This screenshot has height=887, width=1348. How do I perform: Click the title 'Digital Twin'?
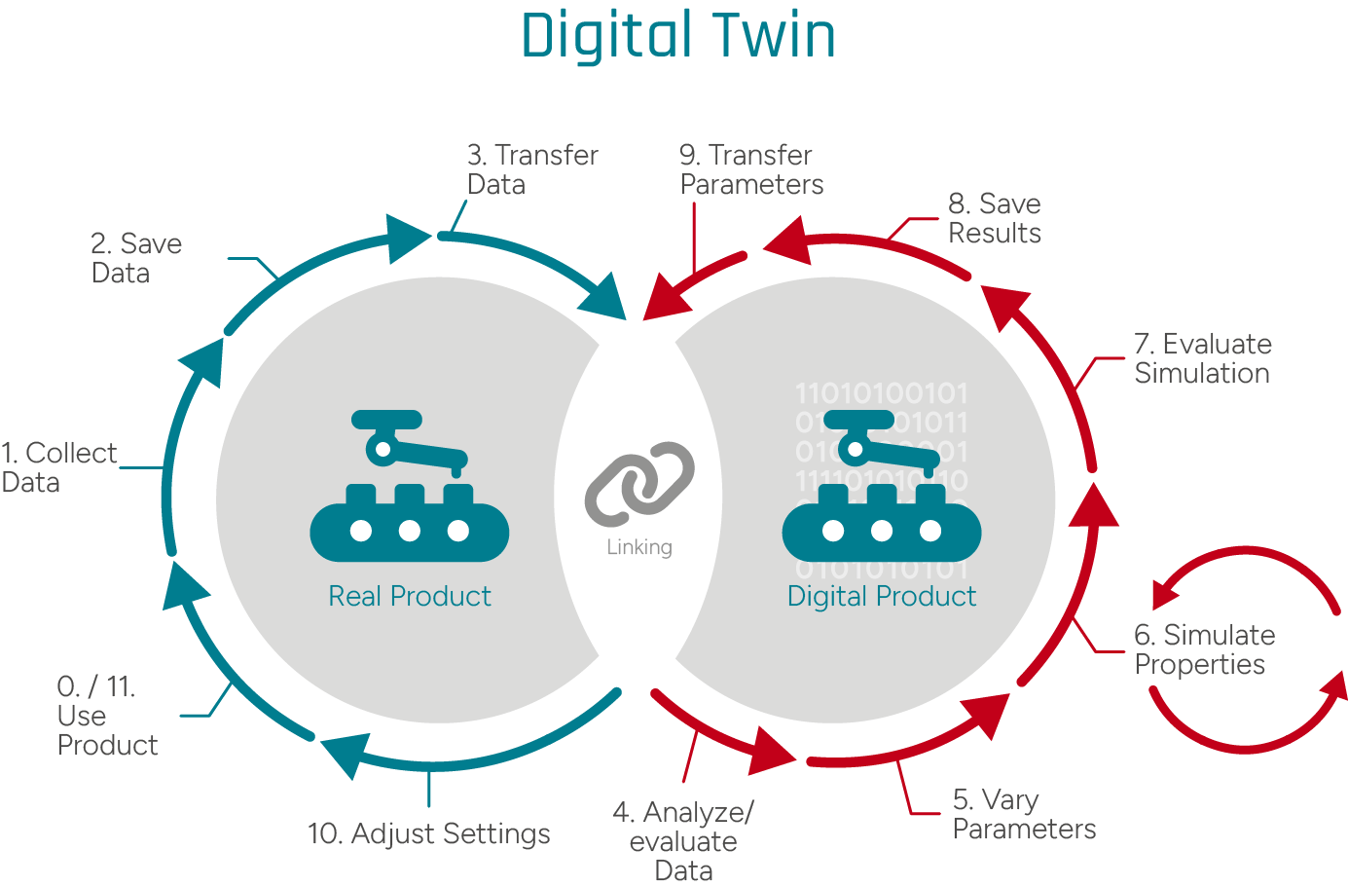(678, 35)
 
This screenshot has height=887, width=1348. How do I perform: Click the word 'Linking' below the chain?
(639, 547)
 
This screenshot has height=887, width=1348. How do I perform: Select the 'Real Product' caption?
(410, 596)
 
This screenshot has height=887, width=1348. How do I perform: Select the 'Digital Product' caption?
(881, 596)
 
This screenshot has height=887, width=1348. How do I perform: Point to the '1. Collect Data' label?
(58, 467)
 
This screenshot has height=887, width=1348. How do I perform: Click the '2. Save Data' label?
(135, 258)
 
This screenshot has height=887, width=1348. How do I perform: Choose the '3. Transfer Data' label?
(531, 169)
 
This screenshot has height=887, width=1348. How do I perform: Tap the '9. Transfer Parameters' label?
(750, 169)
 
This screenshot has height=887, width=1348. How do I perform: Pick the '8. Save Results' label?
(994, 218)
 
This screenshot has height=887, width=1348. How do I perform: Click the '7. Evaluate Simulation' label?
(1202, 358)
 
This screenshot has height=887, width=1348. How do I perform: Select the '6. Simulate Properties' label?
(1203, 649)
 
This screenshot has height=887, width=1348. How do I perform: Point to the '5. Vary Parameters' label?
(1023, 814)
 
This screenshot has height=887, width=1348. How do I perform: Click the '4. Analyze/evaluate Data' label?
(683, 841)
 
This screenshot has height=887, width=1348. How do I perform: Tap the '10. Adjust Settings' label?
(428, 833)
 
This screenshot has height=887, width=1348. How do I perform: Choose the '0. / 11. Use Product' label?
(106, 716)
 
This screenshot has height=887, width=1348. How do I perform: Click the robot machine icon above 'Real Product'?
(409, 487)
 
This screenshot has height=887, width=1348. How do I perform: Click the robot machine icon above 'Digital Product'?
(881, 487)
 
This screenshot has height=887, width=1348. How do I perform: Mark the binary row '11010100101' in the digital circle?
(881, 393)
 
